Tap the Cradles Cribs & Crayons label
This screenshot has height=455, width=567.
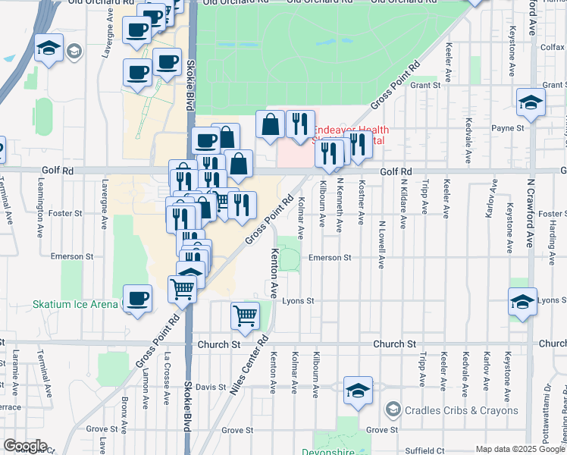pyautogui.click(x=461, y=410)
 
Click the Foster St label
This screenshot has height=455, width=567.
pyautogui.click(x=66, y=213)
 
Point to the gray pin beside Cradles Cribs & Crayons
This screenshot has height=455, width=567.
pyautogui.click(x=393, y=410)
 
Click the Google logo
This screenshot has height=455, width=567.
pyautogui.click(x=25, y=447)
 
